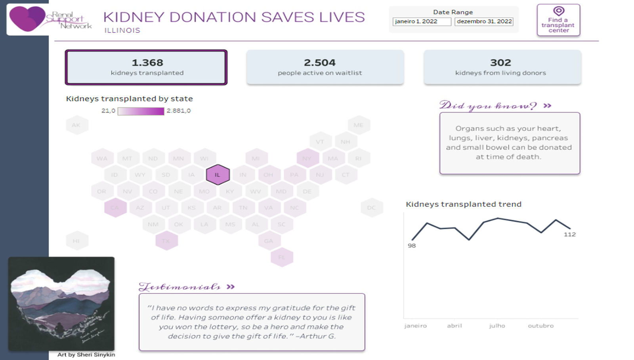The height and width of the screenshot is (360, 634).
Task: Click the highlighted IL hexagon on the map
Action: (x=218, y=175)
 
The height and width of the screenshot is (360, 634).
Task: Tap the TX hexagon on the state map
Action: (x=166, y=241)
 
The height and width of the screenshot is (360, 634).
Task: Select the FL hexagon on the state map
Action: (x=282, y=257)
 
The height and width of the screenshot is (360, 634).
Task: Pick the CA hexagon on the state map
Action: (x=115, y=208)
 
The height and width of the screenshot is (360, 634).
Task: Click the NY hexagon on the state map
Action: (x=307, y=158)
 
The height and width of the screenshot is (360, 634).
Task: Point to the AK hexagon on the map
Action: (x=76, y=125)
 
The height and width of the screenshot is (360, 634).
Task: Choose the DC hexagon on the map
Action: (x=372, y=208)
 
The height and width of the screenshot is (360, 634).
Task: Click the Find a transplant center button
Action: (x=558, y=20)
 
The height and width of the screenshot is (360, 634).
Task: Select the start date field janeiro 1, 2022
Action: (x=422, y=21)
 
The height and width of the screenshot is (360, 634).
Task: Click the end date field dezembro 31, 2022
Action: (x=484, y=21)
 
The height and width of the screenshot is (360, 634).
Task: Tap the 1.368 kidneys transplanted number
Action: (x=147, y=63)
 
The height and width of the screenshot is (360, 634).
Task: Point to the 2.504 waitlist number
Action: (x=320, y=63)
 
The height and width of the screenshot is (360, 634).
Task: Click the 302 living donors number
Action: (x=500, y=63)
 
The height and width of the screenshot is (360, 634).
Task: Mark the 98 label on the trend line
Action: (x=412, y=246)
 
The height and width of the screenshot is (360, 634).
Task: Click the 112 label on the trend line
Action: (x=569, y=234)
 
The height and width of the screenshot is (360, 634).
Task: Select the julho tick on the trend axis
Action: (x=497, y=326)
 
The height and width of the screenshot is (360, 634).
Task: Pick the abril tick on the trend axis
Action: (x=454, y=326)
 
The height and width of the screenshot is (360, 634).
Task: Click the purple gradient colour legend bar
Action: (x=141, y=111)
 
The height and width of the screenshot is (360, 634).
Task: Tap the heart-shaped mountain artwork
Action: (x=61, y=303)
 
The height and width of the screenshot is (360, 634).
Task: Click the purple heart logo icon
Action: (x=27, y=18)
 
